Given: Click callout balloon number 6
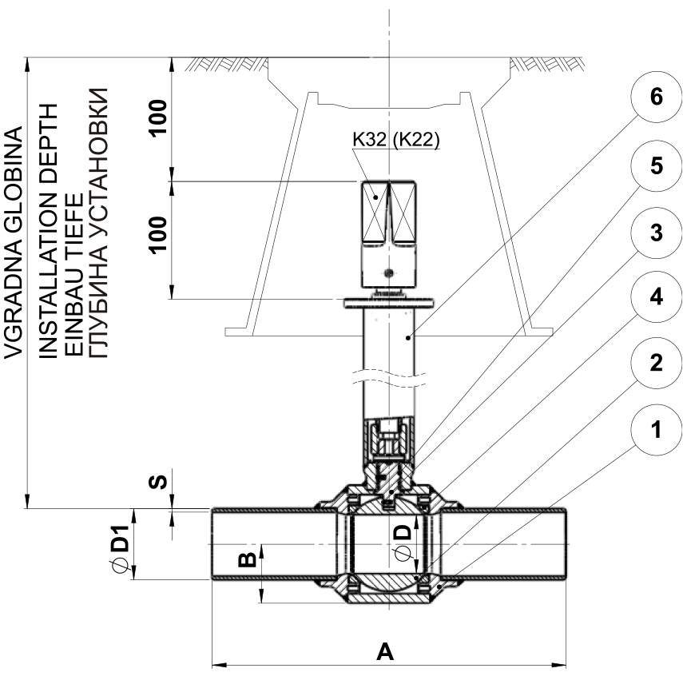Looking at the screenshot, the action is pyautogui.click(x=656, y=97).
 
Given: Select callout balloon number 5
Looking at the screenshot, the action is pyautogui.click(x=656, y=166).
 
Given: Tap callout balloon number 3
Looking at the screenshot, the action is pyautogui.click(x=656, y=233).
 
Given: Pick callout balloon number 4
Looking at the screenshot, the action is pyautogui.click(x=656, y=297).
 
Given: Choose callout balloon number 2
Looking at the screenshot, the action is pyautogui.click(x=656, y=363).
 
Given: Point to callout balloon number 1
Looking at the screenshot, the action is pyautogui.click(x=656, y=430).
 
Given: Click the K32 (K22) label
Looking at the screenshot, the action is pyautogui.click(x=396, y=140).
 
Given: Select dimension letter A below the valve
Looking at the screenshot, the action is pyautogui.click(x=385, y=652).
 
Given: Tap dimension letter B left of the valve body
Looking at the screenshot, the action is pyautogui.click(x=247, y=559).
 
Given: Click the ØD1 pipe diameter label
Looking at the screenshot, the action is pyautogui.click(x=121, y=548).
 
